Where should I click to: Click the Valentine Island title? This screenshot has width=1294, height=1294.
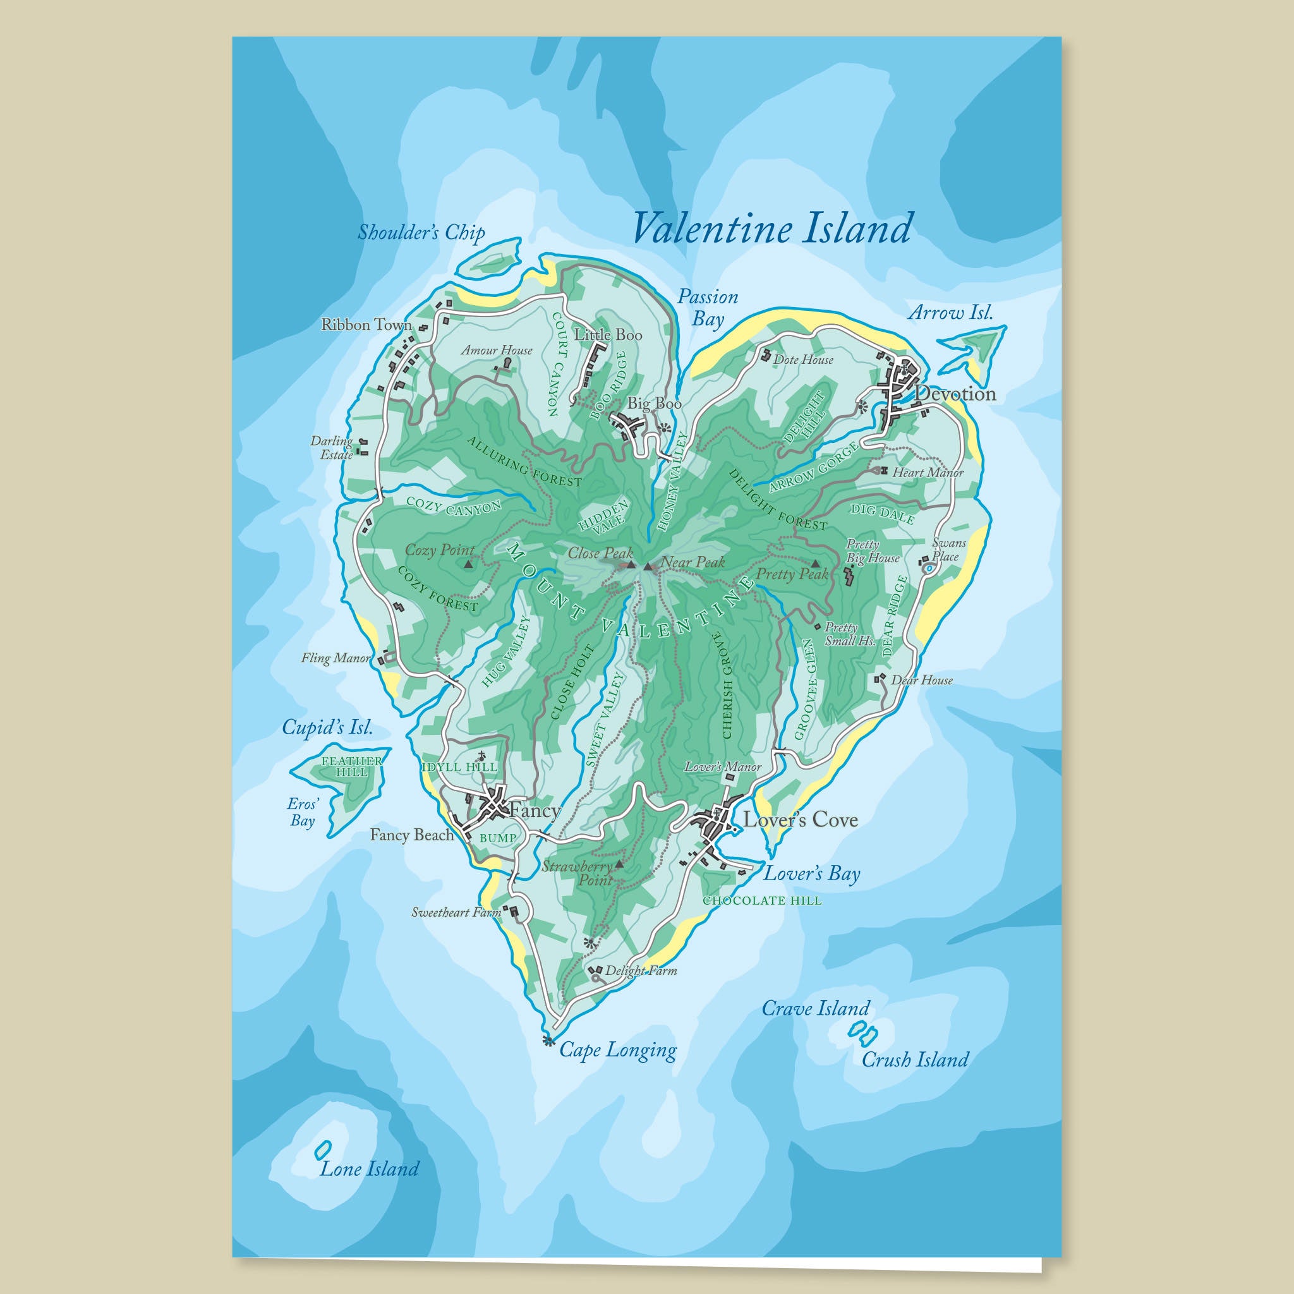771,230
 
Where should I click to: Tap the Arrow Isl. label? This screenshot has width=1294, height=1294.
950,312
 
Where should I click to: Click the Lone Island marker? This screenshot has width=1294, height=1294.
321,1149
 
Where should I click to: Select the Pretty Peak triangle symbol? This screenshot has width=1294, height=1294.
815,563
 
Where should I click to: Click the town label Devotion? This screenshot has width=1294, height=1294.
955,394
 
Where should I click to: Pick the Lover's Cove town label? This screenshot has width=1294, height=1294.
801,819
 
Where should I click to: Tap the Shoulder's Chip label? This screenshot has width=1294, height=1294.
421,233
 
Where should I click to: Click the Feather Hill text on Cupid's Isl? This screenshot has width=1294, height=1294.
352,766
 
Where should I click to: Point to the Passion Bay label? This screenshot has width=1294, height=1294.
707,308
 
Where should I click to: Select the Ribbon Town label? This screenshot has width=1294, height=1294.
366,325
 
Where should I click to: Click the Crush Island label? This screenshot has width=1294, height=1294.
914,1060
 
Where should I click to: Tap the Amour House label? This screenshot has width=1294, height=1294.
496,350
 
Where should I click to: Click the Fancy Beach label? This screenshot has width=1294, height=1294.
412,835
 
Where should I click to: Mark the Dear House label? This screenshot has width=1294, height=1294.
921,680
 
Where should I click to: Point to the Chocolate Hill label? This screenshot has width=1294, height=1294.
761,901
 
